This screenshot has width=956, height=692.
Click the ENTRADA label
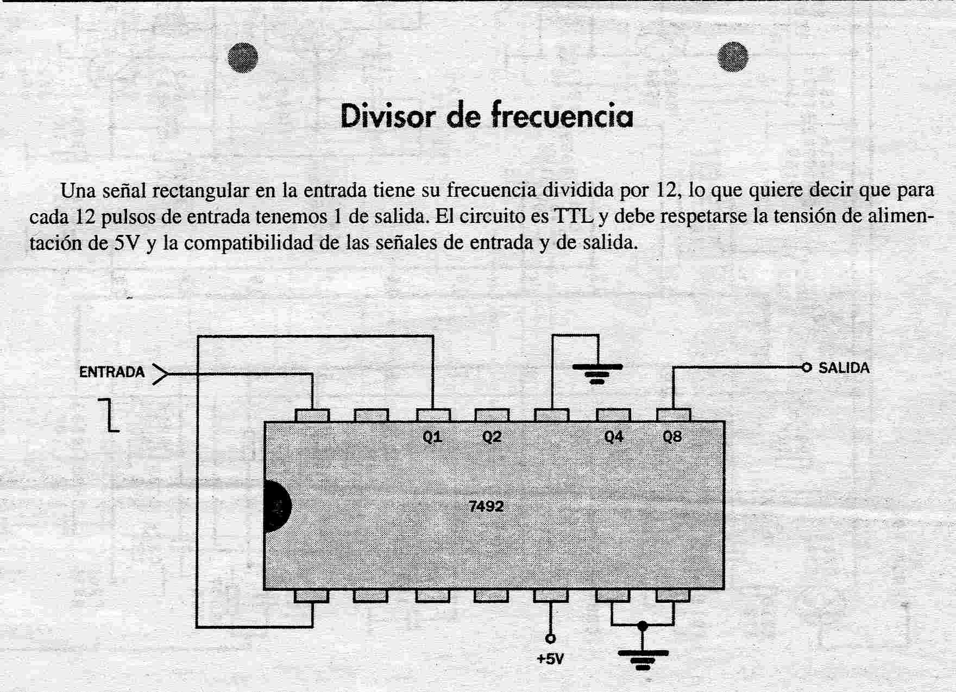coord(112,372)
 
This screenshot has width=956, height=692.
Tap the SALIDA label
coord(844,368)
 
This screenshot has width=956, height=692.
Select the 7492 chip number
coord(486,507)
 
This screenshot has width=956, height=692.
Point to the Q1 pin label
coord(432,437)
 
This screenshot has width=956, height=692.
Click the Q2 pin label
coord(492,437)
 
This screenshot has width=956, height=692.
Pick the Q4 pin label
coord(614,437)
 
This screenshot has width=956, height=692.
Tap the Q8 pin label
coord(672,437)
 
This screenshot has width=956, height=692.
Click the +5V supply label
coord(550,659)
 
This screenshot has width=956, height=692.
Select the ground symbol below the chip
coord(643,659)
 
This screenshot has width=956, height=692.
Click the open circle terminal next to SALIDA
coord(807,368)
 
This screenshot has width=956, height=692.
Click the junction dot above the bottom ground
coord(643,626)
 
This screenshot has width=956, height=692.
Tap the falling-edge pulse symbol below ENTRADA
coord(109,414)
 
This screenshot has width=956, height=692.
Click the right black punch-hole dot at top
coord(733,57)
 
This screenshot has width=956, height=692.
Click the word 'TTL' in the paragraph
coord(574,216)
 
